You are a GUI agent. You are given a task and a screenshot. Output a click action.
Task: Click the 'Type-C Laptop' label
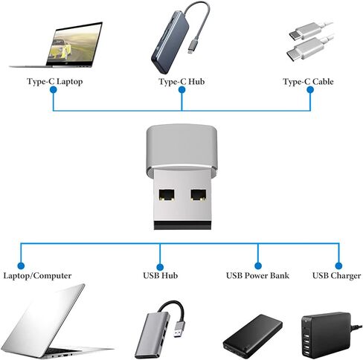(54, 82)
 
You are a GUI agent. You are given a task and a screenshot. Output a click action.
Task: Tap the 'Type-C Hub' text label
(181, 82)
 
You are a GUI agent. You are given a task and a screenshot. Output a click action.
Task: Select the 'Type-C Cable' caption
(308, 82)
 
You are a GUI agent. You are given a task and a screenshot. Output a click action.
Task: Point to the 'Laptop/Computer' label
(37, 276)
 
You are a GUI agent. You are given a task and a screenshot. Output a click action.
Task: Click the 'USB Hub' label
(161, 275)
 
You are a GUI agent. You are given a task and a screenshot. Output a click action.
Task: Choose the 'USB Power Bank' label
(257, 275)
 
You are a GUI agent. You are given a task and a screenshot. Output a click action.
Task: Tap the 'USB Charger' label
(337, 276)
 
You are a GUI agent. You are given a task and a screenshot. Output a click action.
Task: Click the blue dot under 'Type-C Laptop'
(54, 90)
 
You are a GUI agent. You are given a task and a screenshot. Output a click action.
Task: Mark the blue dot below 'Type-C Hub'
(182, 90)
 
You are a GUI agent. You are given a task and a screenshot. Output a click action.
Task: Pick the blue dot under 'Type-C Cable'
(310, 90)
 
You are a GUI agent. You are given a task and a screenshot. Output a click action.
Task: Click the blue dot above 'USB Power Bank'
(258, 266)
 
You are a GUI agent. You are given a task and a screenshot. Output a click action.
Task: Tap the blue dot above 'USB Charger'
(338, 266)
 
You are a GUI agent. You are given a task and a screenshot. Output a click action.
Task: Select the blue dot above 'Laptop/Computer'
(21, 266)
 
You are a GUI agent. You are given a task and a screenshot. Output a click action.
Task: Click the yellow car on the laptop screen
(62, 49)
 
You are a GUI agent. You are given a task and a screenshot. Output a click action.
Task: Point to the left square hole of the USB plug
(167, 195)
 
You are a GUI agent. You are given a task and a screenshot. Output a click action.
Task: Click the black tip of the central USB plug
(182, 225)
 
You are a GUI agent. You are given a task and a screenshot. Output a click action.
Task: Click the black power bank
(252, 336)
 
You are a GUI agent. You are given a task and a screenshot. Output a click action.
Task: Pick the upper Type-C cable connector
(305, 31)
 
